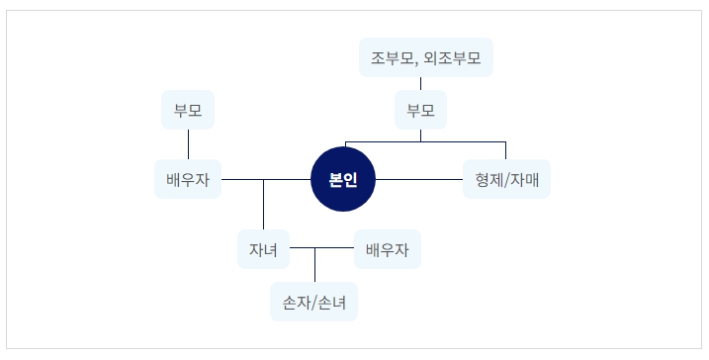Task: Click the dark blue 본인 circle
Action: pos(344,179)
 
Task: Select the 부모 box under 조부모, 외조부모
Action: pos(421,110)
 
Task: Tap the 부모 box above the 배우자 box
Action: pos(188,110)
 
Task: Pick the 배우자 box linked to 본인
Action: pos(188,179)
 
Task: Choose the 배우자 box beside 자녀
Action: pos(387,249)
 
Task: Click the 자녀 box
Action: pos(263,249)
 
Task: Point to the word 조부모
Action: pos(392,57)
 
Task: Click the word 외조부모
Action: pos(451,57)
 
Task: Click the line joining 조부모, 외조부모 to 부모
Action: pos(421,83)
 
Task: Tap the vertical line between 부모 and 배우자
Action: pos(188,144)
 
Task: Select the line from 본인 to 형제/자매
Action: pos(419,179)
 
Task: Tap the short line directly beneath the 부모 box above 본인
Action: pos(421,135)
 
